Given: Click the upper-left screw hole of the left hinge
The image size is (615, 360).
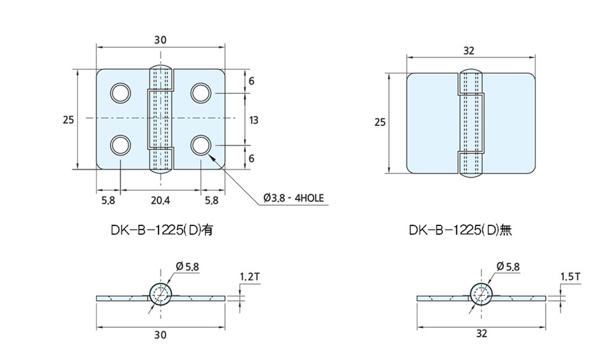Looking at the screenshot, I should [120, 92].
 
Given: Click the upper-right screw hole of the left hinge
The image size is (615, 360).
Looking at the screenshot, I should [200, 92].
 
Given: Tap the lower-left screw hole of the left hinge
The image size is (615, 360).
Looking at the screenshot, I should [120, 145].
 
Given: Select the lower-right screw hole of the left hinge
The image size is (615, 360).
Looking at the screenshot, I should [200, 145].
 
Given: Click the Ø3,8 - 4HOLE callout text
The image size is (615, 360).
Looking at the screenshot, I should [293, 199].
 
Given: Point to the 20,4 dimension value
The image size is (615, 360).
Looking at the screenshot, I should [160, 200].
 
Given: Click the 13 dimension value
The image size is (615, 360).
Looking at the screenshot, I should [254, 120].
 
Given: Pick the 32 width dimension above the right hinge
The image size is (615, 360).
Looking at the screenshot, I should [469, 51].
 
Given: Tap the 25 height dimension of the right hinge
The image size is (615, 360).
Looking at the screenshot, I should [381, 122].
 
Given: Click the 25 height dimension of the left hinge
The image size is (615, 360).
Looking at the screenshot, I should [68, 120].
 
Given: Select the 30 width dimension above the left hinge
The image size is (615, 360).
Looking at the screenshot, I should [160, 40].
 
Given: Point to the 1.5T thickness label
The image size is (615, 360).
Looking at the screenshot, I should [571, 277].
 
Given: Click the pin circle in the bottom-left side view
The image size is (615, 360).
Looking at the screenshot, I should [162, 295].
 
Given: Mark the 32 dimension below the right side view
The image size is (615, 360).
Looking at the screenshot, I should [482, 335].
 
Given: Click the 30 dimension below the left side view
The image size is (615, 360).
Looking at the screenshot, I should [160, 335].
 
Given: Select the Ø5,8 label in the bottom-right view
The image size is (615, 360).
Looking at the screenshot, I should [510, 266].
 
